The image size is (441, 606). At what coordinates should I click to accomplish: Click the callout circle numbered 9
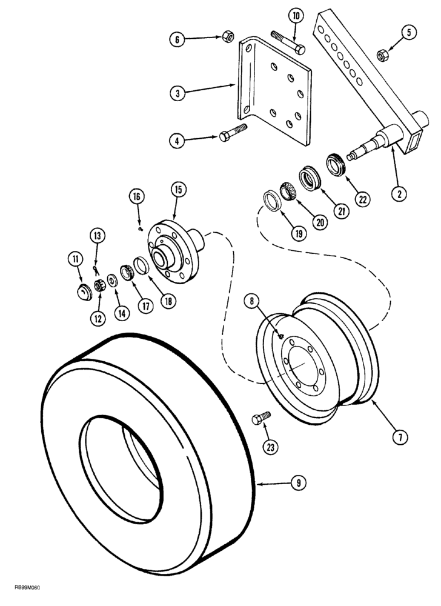298,483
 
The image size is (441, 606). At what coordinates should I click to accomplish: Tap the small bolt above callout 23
262,418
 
